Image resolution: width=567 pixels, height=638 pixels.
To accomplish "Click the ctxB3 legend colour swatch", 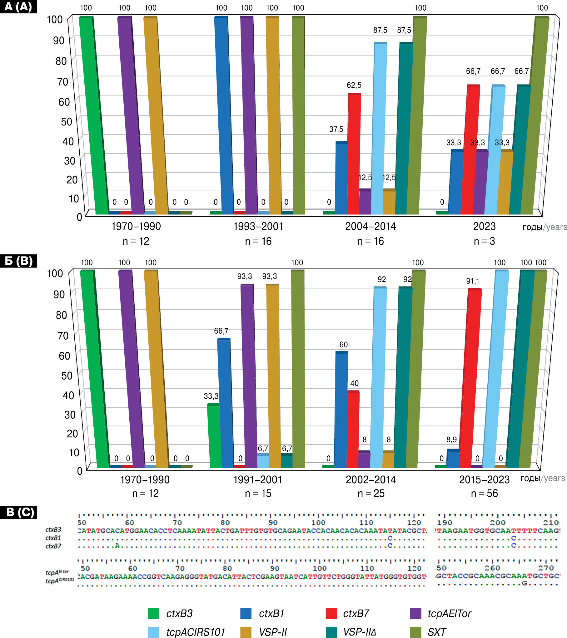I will point(153,613).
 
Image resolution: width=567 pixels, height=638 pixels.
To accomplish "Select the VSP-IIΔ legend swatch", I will point(331,632).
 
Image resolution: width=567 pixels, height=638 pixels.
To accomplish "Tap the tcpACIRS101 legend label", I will point(196,632).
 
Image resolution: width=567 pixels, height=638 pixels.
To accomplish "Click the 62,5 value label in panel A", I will point(354,85).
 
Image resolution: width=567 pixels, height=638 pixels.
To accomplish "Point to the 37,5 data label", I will point(336,129).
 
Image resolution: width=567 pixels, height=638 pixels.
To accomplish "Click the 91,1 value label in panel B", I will point(473,281).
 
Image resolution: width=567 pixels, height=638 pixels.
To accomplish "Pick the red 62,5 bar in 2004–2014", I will point(354,153).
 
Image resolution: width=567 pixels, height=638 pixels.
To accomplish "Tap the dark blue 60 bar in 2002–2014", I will point(341,409).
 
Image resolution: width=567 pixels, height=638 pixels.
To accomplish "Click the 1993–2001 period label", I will point(258,226).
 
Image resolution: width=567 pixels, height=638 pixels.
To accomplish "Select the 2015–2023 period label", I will point(484,479).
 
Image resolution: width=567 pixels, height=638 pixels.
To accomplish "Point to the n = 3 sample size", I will point(484,241).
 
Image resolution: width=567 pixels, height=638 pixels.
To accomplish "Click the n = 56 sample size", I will point(484,493).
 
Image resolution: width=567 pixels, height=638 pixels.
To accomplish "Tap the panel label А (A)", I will point(18,7).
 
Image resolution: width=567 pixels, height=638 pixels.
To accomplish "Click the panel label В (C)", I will point(18,512).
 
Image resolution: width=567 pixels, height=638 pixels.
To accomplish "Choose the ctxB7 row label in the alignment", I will point(53,546).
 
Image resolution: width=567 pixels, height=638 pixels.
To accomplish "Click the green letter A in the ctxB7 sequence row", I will point(117,546).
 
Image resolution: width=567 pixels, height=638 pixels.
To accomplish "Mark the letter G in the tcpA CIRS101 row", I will point(525,583).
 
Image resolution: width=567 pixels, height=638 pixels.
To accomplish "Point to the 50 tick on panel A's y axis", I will point(67,122).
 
